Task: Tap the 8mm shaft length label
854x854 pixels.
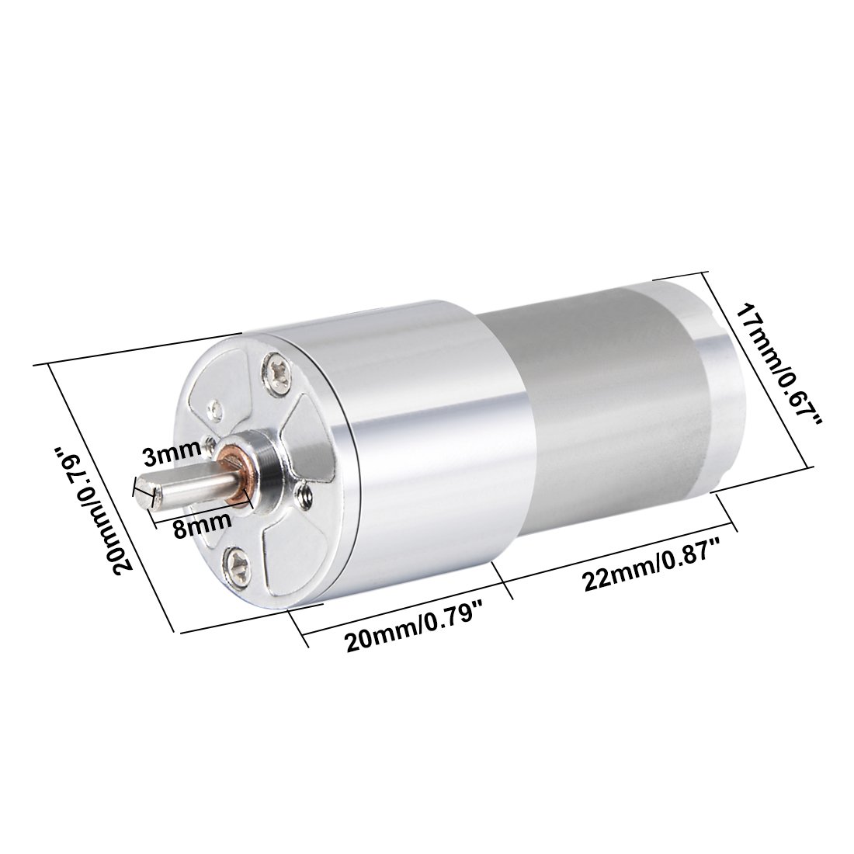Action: [203, 525]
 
